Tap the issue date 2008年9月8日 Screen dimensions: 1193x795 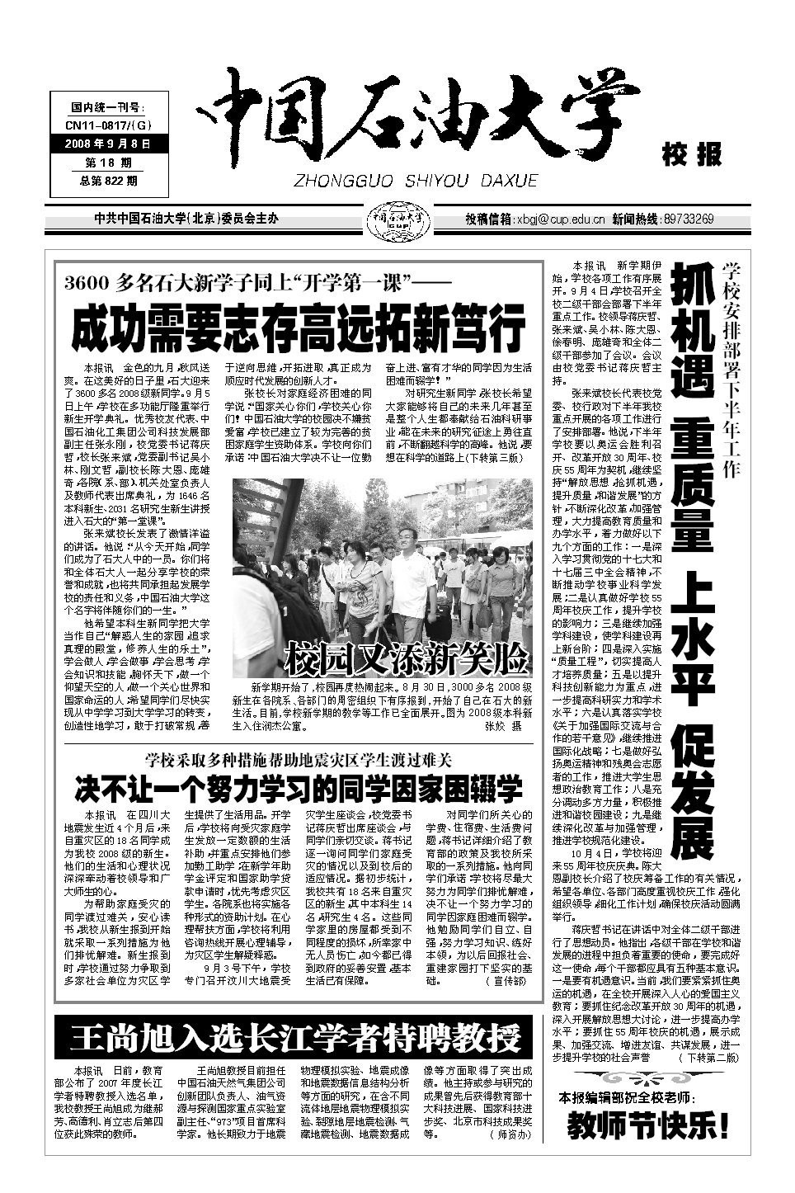(x=108, y=144)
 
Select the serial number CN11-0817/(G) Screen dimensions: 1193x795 (x=108, y=125)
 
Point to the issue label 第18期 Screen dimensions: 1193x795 (x=108, y=162)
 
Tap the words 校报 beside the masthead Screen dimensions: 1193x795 (x=691, y=153)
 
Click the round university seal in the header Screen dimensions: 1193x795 (x=399, y=219)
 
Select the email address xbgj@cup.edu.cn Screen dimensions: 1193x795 (x=562, y=219)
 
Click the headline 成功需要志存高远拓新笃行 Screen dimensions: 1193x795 (x=298, y=328)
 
